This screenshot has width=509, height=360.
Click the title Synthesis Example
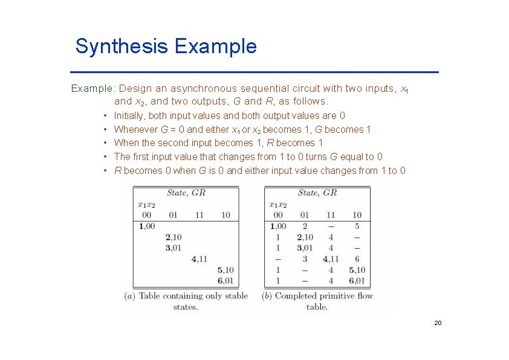[x=166, y=47]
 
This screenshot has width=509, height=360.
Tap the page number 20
[x=438, y=323]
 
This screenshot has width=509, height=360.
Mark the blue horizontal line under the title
[x=257, y=72]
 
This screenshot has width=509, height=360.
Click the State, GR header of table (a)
[x=186, y=193]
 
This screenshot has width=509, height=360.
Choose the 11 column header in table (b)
[x=331, y=215]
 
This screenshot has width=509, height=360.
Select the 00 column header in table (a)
[x=146, y=215]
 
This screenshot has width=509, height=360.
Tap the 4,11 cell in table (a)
[x=199, y=259]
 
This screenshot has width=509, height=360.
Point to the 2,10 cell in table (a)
[x=173, y=237]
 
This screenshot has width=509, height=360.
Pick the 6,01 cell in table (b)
[x=357, y=281]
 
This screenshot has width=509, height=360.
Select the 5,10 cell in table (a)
[x=225, y=270]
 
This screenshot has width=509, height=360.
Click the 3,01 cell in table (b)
[x=304, y=248]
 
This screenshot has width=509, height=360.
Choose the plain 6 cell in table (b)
[x=357, y=259]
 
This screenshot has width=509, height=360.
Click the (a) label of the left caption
[x=129, y=296]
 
